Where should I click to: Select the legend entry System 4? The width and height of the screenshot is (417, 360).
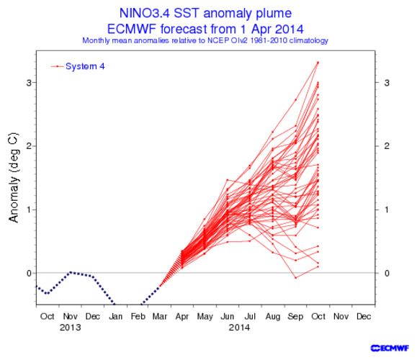[85, 67]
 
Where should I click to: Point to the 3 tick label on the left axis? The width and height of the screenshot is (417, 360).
[29, 83]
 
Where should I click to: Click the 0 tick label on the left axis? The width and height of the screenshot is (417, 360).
[29, 273]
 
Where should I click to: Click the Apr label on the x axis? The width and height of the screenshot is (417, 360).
[183, 316]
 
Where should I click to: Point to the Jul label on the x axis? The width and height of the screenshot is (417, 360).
[250, 316]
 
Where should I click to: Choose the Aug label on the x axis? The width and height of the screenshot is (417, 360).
[273, 316]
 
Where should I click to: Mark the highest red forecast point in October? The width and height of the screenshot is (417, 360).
[318, 63]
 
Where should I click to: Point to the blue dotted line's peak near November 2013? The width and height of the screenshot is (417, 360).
[70, 272]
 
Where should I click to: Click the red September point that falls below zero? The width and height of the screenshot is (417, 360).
[295, 278]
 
